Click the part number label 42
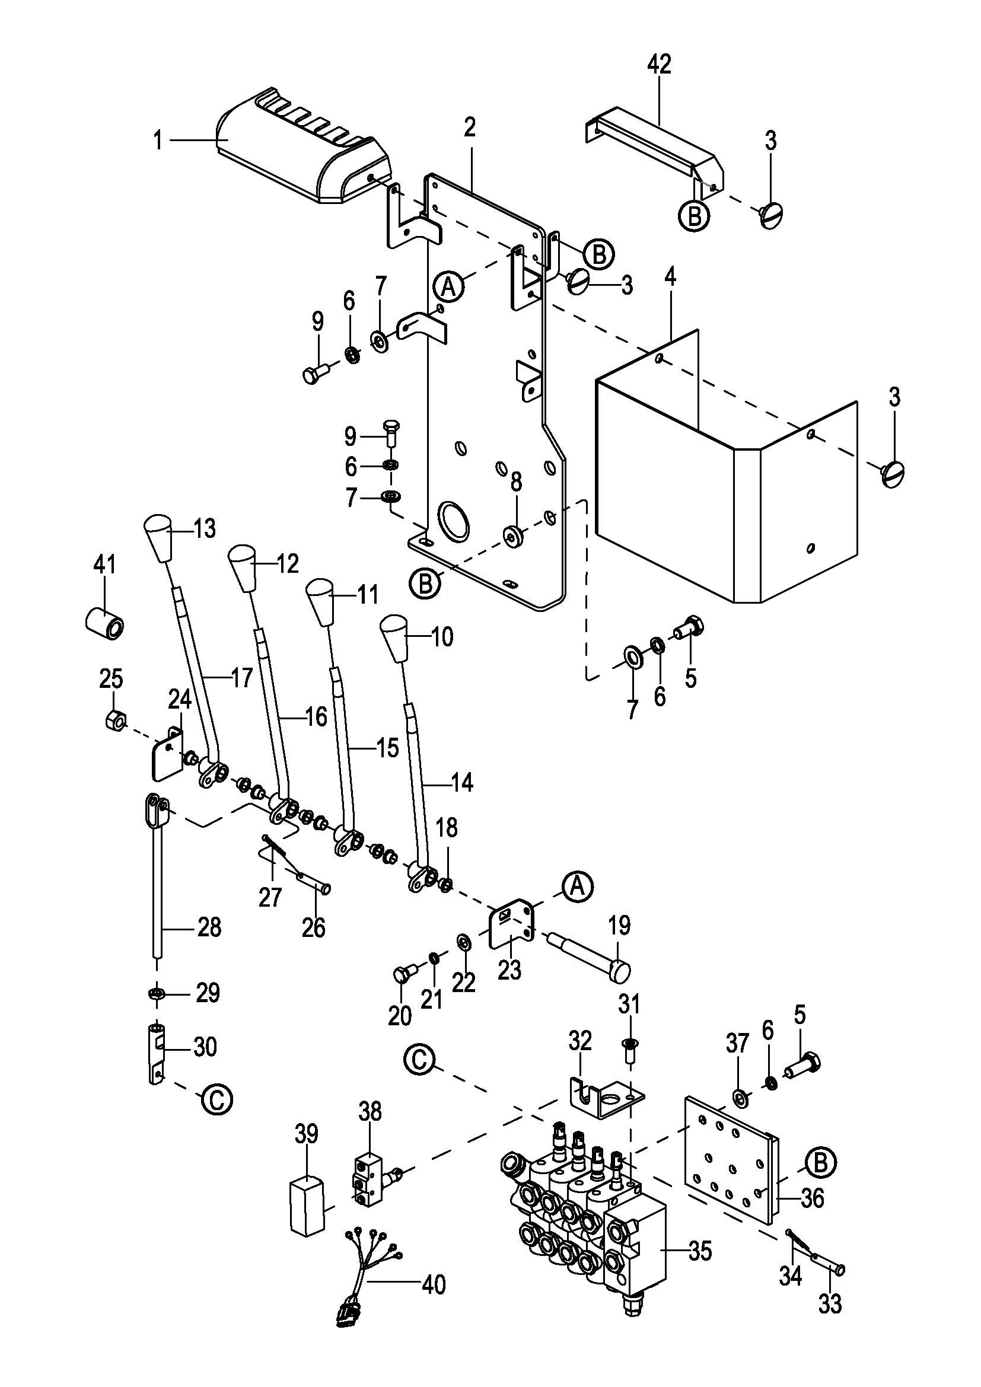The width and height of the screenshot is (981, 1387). (x=659, y=64)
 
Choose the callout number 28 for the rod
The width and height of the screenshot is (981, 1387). (x=209, y=927)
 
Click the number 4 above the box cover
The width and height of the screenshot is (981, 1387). (x=670, y=278)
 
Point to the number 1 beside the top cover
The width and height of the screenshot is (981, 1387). (x=158, y=141)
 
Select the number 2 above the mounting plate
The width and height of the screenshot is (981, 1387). (x=470, y=127)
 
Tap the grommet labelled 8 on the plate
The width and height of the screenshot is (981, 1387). (x=515, y=535)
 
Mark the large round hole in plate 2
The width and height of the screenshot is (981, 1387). (x=453, y=519)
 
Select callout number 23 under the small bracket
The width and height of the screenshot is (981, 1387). (x=509, y=970)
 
